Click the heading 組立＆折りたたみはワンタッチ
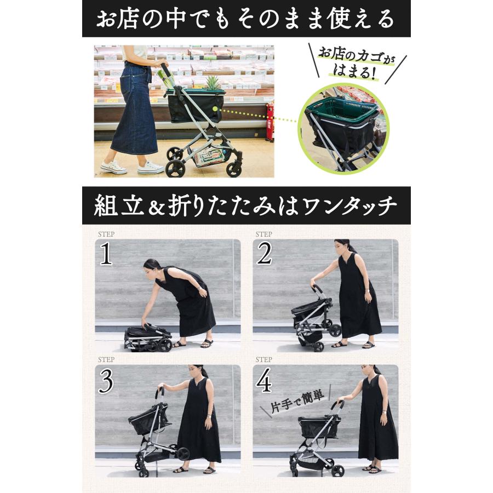245,205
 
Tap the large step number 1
106,254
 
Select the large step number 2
264,254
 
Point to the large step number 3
106,381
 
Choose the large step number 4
263,381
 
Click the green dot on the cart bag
215,109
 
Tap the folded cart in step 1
148,337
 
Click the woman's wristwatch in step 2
368,289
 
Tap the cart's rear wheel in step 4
339,470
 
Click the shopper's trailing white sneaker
113,167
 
